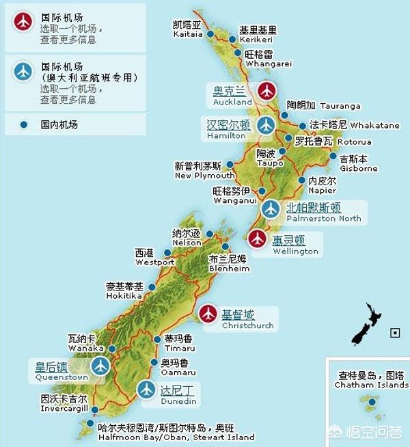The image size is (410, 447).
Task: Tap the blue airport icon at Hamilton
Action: pyautogui.click(x=266, y=125)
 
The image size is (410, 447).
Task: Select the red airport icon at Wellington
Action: pyautogui.click(x=257, y=239)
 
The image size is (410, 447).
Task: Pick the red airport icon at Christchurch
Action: pyautogui.click(x=208, y=314)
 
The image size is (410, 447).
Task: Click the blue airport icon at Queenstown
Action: pyautogui.click(x=101, y=366)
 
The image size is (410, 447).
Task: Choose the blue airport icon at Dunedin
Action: pyautogui.click(x=146, y=389)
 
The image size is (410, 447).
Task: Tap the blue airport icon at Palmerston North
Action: pyautogui.click(x=271, y=208)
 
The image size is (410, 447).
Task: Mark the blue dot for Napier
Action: pyautogui.click(x=302, y=180)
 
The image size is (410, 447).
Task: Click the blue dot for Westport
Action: pyautogui.click(x=168, y=252)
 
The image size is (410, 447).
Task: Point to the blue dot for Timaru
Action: pyautogui.click(x=157, y=339)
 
